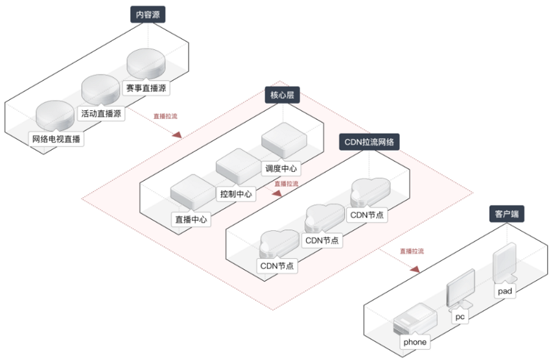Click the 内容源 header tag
click(x=148, y=14)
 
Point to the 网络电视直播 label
click(x=58, y=139)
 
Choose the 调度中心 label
click(x=281, y=169)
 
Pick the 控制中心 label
click(x=237, y=194)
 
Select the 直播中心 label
click(x=191, y=220)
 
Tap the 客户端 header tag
click(x=507, y=215)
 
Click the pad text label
click(x=506, y=291)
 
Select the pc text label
click(x=460, y=317)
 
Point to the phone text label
click(x=415, y=342)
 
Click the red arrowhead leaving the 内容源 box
click(x=177, y=134)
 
